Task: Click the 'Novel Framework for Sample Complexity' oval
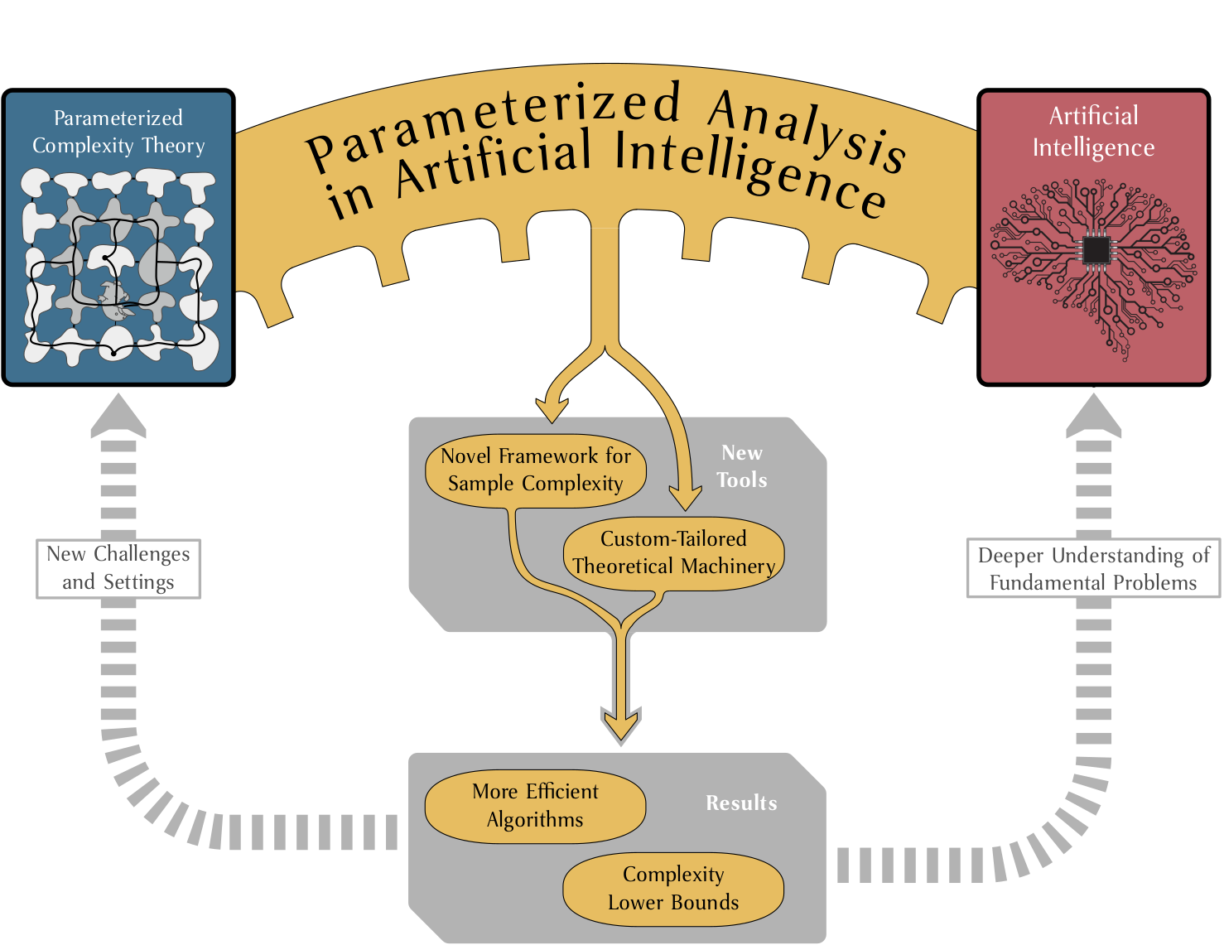pyautogui.click(x=535, y=470)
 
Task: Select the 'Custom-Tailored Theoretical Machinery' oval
pyautogui.click(x=673, y=553)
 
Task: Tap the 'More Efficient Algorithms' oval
pyautogui.click(x=535, y=806)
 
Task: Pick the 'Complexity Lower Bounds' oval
pyautogui.click(x=673, y=889)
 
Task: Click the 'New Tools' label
pyautogui.click(x=741, y=466)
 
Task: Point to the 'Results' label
pyautogui.click(x=741, y=803)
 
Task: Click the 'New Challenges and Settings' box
pyautogui.click(x=118, y=568)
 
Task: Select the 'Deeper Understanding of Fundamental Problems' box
pyautogui.click(x=1093, y=568)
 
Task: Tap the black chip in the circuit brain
pyautogui.click(x=1096, y=249)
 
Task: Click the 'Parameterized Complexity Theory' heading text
pyautogui.click(x=118, y=132)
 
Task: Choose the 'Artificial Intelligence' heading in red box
pyautogui.click(x=1093, y=131)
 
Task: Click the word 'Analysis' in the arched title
pyautogui.click(x=807, y=129)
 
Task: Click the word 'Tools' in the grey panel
pyautogui.click(x=741, y=480)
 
